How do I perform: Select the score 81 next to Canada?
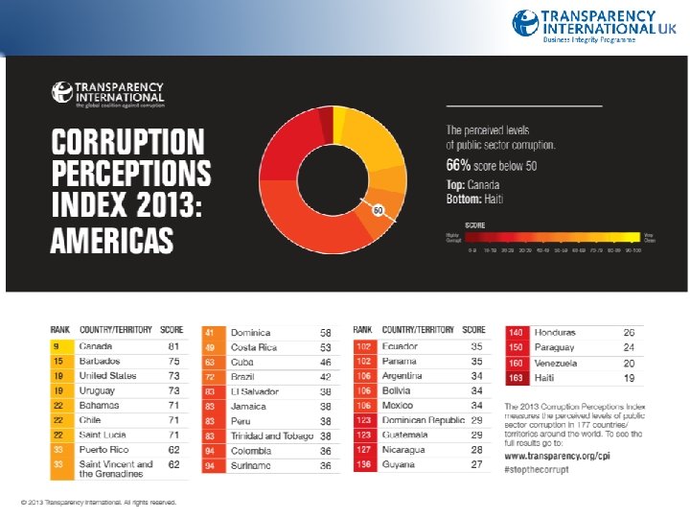pos(173,345)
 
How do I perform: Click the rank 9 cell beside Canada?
pos(57,345)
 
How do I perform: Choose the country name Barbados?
pos(100,361)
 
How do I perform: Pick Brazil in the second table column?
pos(241,377)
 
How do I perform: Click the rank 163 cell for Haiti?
pos(517,378)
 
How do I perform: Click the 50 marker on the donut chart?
pos(378,208)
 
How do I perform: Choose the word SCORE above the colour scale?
pos(475,226)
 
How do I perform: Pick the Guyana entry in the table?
pos(398,464)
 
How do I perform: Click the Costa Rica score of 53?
pos(326,346)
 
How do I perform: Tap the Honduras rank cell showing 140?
pos(517,332)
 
